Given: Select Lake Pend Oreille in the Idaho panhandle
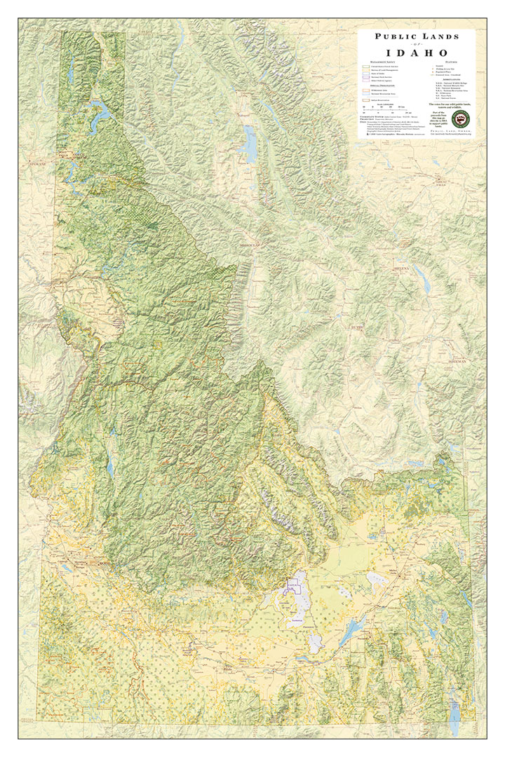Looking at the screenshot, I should (x=100, y=112).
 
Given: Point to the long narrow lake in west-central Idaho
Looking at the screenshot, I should (x=110, y=466).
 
